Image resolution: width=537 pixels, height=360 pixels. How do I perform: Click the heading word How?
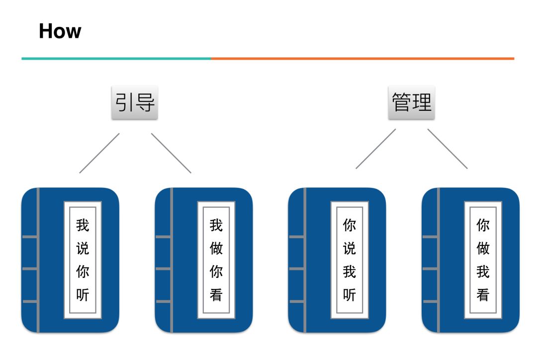(60, 31)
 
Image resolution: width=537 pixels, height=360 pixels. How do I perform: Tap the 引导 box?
(134, 103)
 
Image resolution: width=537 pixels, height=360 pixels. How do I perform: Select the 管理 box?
(411, 103)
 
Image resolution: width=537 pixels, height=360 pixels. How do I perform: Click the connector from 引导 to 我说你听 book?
(99, 153)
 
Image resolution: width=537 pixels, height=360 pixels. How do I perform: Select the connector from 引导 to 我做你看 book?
(171, 153)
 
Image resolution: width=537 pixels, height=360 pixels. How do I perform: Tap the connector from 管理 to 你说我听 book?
(376, 149)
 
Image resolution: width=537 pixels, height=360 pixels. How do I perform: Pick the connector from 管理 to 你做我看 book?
(447, 149)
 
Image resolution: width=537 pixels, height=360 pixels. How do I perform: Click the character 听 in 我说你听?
(83, 294)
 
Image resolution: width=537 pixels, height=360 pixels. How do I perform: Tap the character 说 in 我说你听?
(83, 248)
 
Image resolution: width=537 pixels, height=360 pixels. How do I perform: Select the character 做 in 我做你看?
(216, 248)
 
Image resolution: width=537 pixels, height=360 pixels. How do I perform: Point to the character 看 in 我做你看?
(216, 294)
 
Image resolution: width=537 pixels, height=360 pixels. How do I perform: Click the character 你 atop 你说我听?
(350, 225)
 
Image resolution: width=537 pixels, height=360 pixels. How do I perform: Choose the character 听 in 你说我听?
(350, 294)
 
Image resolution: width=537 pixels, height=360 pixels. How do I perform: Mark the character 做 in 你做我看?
(483, 248)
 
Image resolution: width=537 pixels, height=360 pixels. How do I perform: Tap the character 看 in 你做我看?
(483, 294)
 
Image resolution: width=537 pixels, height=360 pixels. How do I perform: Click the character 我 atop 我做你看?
(216, 225)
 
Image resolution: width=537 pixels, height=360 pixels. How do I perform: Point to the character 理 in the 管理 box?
(422, 103)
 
